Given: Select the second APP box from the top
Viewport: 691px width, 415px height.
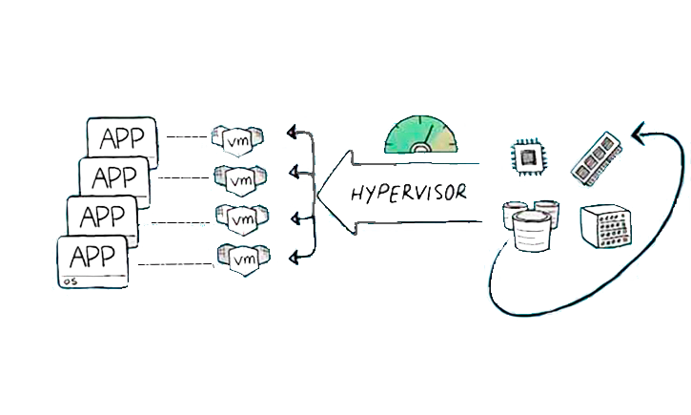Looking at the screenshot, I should point(112,176).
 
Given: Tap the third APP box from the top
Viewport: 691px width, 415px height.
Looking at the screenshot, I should point(101,215).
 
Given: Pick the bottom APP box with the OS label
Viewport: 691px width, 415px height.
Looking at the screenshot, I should point(91,259).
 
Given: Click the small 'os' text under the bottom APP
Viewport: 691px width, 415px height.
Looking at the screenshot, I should point(68,281).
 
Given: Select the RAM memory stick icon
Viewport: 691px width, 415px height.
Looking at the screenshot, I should point(598,156).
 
